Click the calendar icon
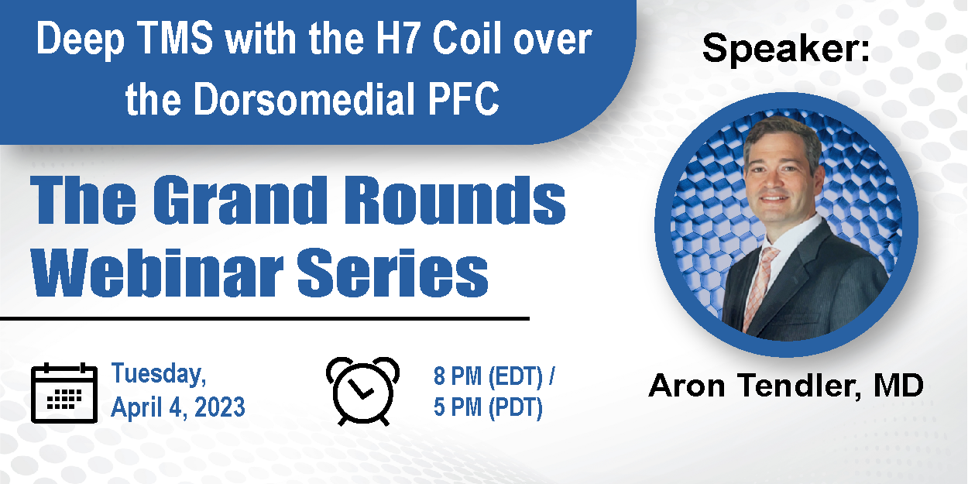point(64,393)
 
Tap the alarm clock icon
point(362,391)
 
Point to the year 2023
point(219,407)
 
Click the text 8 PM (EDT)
point(488,376)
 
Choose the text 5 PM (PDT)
point(488,407)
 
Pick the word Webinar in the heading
point(158,273)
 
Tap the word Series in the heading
point(393,273)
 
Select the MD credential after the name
point(898,385)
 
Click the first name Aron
point(687,386)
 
